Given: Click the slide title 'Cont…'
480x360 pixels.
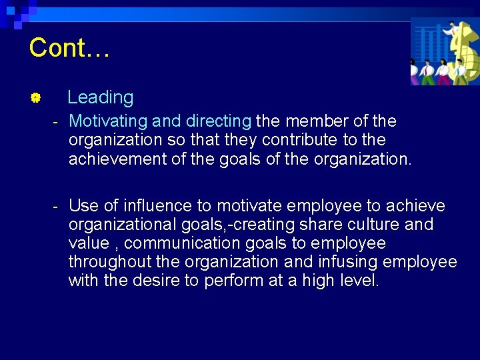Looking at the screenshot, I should (69, 48).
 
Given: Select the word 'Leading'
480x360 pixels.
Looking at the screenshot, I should (100, 97).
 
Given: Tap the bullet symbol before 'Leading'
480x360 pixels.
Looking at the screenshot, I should (36, 99).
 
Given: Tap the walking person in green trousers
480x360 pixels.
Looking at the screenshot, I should (443, 73).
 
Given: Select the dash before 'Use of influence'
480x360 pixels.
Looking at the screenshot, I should (56, 205).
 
